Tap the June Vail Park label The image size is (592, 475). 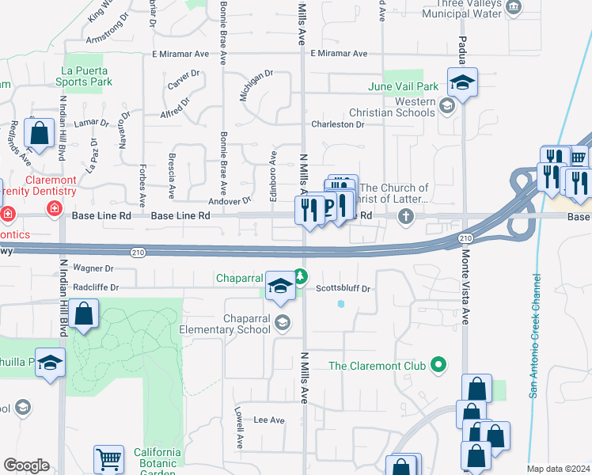pyautogui.click(x=404, y=86)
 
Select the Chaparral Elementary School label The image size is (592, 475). pyautogui.click(x=225, y=325)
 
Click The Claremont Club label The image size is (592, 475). pyautogui.click(x=378, y=366)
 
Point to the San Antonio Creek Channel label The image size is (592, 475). pyautogui.click(x=535, y=336)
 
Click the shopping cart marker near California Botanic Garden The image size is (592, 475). pyautogui.click(x=108, y=458)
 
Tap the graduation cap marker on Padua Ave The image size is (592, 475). pyautogui.click(x=461, y=82)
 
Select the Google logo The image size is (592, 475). pyautogui.click(x=26, y=465)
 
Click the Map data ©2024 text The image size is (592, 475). pyautogui.click(x=558, y=469)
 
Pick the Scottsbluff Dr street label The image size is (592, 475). pyautogui.click(x=343, y=289)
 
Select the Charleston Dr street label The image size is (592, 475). pyautogui.click(x=337, y=125)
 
